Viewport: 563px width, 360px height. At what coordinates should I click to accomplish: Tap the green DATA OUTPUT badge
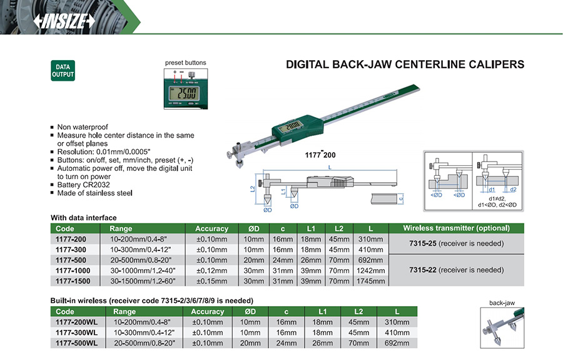click(63, 70)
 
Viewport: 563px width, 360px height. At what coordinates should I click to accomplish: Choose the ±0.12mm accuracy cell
click(210, 270)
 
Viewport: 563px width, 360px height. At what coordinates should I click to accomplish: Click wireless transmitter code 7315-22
click(422, 270)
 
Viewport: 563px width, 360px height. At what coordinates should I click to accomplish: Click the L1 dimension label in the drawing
click(283, 190)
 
